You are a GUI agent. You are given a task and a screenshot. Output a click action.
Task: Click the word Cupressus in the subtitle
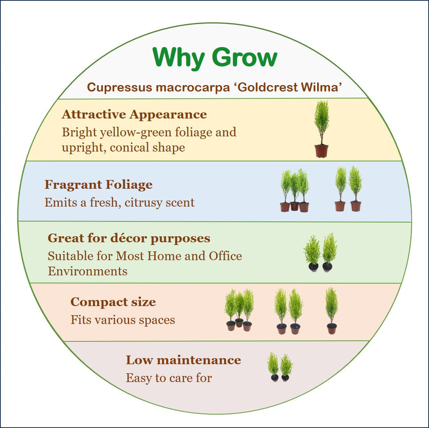coord(119,87)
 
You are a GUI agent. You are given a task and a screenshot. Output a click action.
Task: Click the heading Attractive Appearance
coord(134,114)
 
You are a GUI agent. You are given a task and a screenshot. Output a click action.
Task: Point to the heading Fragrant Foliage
coord(98,185)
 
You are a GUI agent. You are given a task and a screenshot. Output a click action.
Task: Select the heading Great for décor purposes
coord(129,238)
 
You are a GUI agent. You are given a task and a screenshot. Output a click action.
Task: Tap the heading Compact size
coord(113,302)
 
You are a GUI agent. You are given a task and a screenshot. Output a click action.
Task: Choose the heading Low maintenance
coord(183,360)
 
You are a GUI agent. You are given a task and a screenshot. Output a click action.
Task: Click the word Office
coord(225,256)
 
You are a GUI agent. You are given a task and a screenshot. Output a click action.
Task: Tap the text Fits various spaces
coord(123,320)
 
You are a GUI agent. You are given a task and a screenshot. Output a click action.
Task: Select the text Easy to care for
coord(168,378)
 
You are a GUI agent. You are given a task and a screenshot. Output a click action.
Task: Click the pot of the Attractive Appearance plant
coord(321,151)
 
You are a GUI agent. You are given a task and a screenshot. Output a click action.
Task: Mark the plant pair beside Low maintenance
coord(280,367)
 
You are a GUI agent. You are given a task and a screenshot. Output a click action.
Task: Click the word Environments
coord(87,271)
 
